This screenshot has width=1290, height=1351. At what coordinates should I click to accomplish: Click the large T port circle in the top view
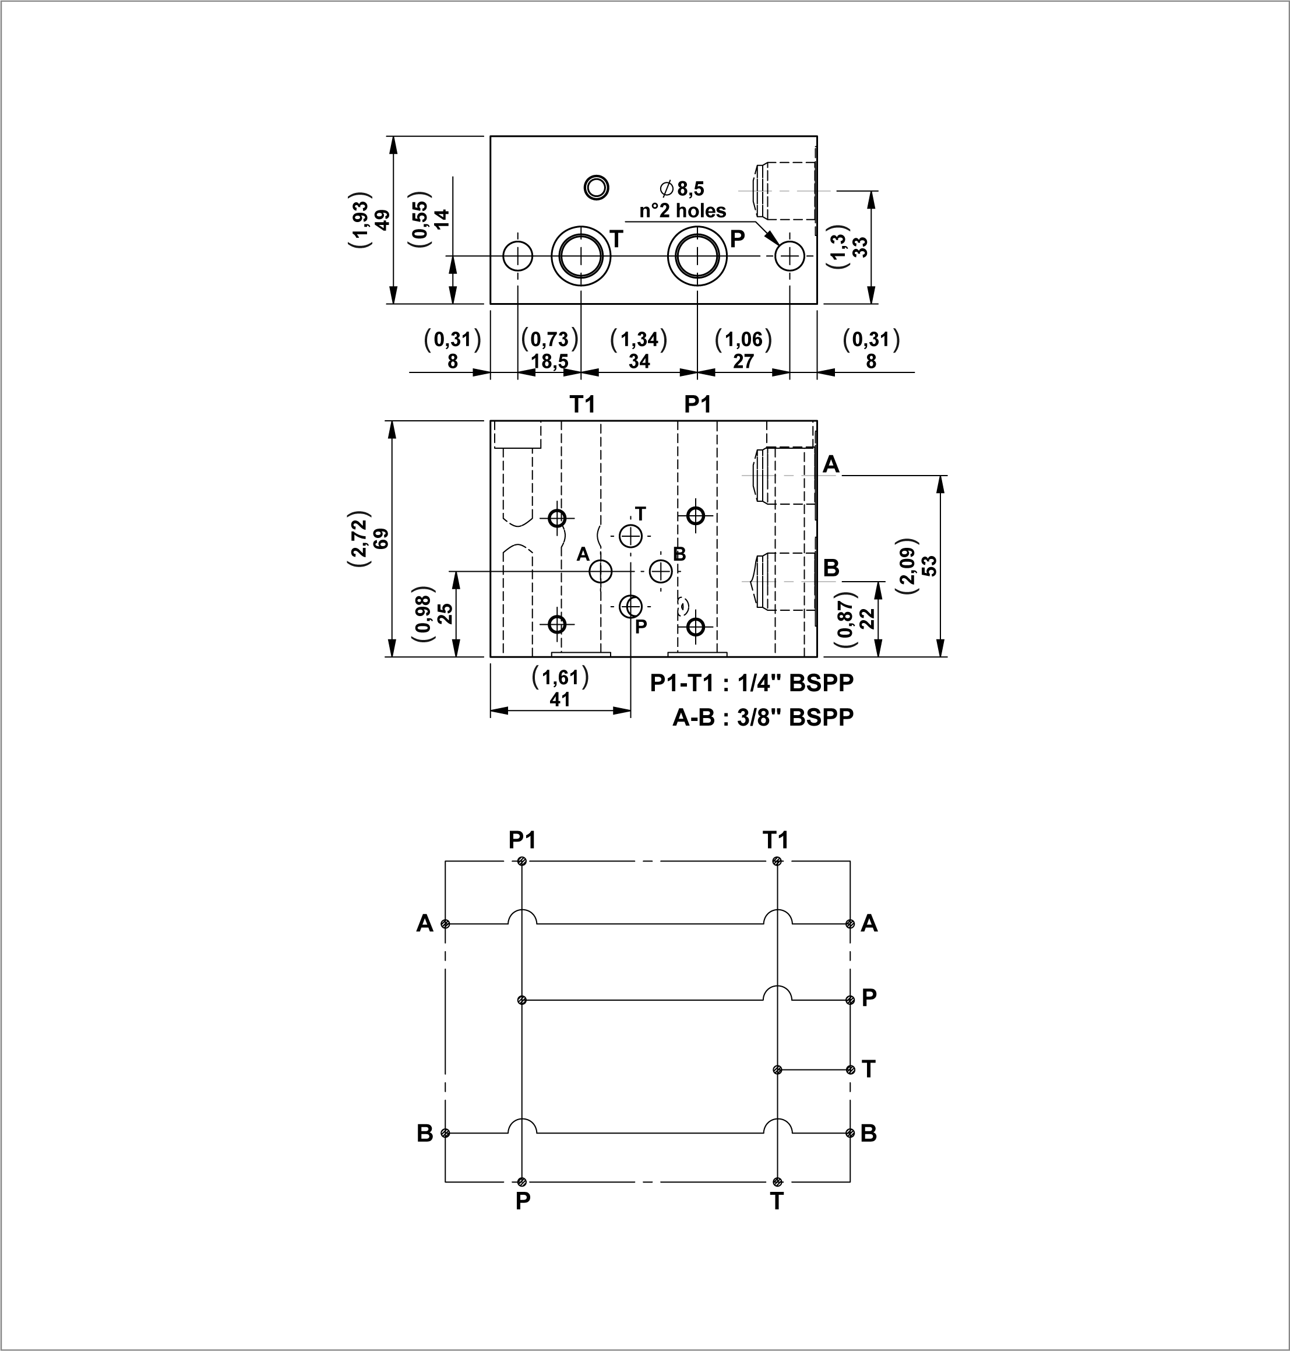pyautogui.click(x=581, y=256)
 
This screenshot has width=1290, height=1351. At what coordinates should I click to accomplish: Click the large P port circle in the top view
pyautogui.click(x=697, y=256)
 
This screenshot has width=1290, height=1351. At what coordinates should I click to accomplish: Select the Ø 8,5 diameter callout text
pyautogui.click(x=682, y=188)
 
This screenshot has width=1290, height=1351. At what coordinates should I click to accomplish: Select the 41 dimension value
pyautogui.click(x=561, y=699)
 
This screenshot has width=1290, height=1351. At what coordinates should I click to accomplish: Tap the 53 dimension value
pyautogui.click(x=929, y=565)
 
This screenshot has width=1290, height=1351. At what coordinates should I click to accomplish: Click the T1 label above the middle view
pyautogui.click(x=583, y=404)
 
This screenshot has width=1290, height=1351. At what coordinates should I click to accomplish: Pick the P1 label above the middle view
pyautogui.click(x=698, y=404)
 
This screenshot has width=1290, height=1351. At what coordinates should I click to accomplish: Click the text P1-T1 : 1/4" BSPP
pyautogui.click(x=752, y=682)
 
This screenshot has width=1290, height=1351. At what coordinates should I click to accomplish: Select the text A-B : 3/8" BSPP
pyautogui.click(x=763, y=717)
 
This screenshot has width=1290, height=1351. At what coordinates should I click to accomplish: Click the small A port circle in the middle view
pyautogui.click(x=601, y=571)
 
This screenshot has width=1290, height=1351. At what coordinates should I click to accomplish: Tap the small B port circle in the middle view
pyautogui.click(x=661, y=571)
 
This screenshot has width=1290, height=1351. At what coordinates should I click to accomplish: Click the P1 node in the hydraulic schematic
pyautogui.click(x=523, y=861)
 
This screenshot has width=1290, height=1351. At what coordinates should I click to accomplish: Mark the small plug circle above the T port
pyautogui.click(x=595, y=187)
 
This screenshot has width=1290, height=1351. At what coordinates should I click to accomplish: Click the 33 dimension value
pyautogui.click(x=860, y=247)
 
